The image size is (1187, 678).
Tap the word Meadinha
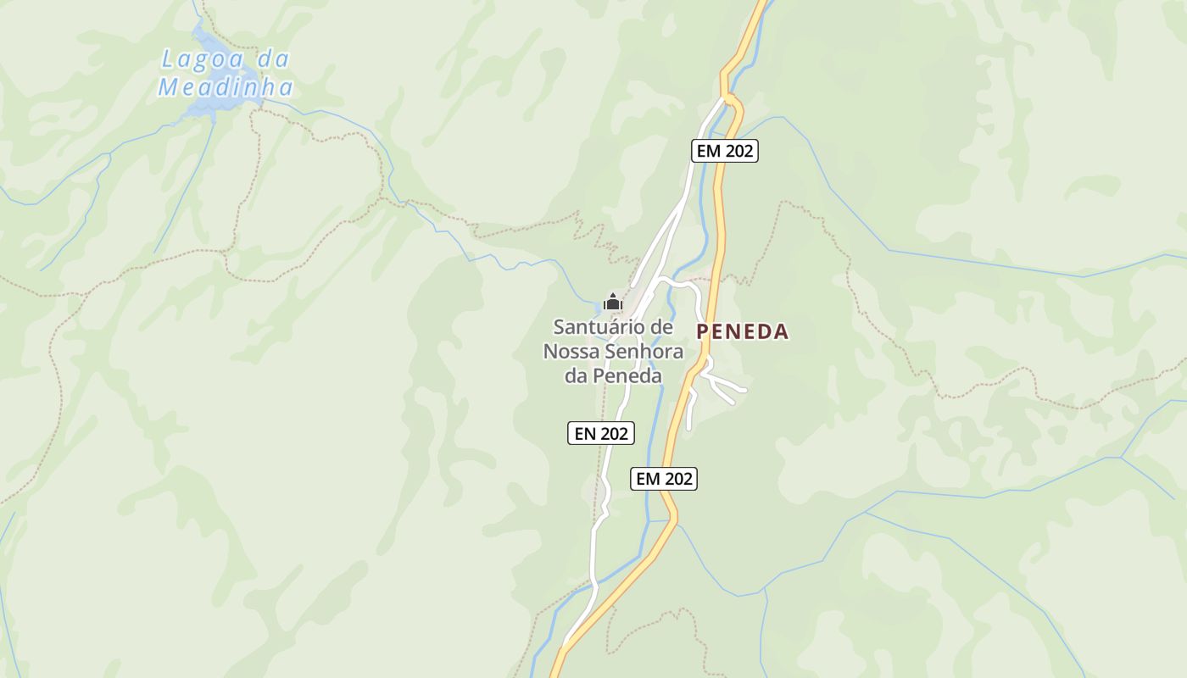226,87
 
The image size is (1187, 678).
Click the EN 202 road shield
601,433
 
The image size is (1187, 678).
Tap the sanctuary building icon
612,302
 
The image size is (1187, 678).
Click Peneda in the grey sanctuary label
627,375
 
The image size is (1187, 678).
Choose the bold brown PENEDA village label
743,331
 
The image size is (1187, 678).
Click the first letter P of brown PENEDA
703,331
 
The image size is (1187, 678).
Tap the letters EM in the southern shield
649,479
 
